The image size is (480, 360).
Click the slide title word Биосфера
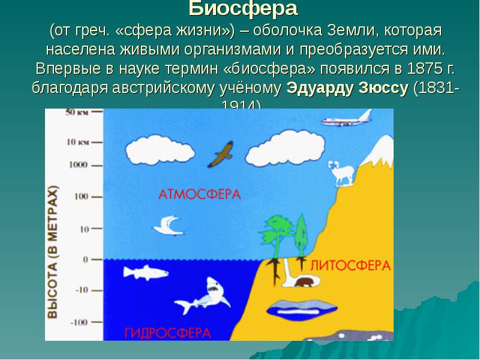[243, 9]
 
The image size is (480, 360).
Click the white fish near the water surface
[144, 272]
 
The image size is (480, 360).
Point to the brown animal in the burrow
[304, 282]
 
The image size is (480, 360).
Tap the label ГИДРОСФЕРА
[167, 332]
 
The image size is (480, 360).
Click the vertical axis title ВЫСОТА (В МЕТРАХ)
[54, 252]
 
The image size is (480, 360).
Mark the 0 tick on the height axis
[85, 260]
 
